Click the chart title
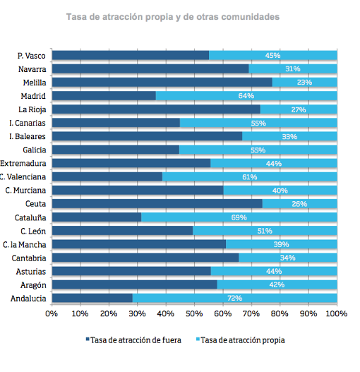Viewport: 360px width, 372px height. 173,17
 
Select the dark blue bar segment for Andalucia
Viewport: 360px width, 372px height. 92,298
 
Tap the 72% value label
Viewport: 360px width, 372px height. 234,298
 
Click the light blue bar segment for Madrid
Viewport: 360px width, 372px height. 246,95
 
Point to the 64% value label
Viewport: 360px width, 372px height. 246,95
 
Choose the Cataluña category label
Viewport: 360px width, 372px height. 30,217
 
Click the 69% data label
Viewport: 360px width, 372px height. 239,217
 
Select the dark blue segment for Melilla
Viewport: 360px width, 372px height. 162,82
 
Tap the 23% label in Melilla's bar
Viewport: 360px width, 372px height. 304,83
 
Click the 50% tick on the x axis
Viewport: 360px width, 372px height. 194,313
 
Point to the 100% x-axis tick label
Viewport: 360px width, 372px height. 337,313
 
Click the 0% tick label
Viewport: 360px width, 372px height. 52,313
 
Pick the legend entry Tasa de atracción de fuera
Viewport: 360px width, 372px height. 133,340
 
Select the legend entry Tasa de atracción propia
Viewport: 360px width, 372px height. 241,340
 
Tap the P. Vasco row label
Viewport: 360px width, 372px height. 31,56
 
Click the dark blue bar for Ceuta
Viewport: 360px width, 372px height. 157,203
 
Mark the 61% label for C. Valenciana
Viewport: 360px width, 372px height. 250,177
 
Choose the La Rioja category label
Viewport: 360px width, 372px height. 32,109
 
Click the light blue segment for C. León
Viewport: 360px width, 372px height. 265,231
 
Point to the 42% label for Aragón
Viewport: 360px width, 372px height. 277,284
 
